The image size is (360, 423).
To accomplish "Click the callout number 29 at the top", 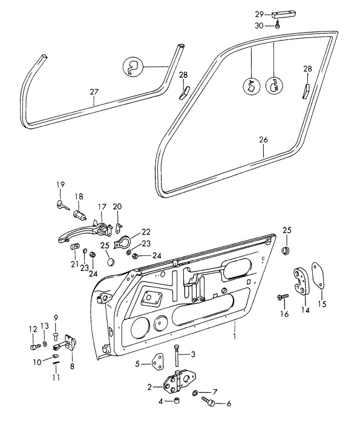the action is (x=260, y=15).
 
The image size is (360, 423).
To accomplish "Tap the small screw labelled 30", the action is (x=278, y=25).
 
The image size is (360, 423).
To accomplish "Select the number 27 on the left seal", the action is (x=94, y=92).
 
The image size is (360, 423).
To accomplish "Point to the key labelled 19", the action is (x=63, y=206).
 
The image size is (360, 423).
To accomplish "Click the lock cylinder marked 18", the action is (x=79, y=215).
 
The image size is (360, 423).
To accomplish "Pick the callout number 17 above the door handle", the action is (x=102, y=207).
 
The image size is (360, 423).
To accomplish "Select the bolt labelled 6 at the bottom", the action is (x=208, y=401).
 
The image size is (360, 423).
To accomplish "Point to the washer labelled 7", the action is (x=194, y=393).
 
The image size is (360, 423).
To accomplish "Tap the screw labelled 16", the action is (x=283, y=297).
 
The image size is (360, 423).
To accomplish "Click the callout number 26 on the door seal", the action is (x=263, y=140).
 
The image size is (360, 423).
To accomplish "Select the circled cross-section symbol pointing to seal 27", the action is (x=133, y=67).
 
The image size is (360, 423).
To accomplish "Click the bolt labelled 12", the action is (x=34, y=347).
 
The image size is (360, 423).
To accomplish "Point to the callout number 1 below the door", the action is (x=235, y=336).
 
